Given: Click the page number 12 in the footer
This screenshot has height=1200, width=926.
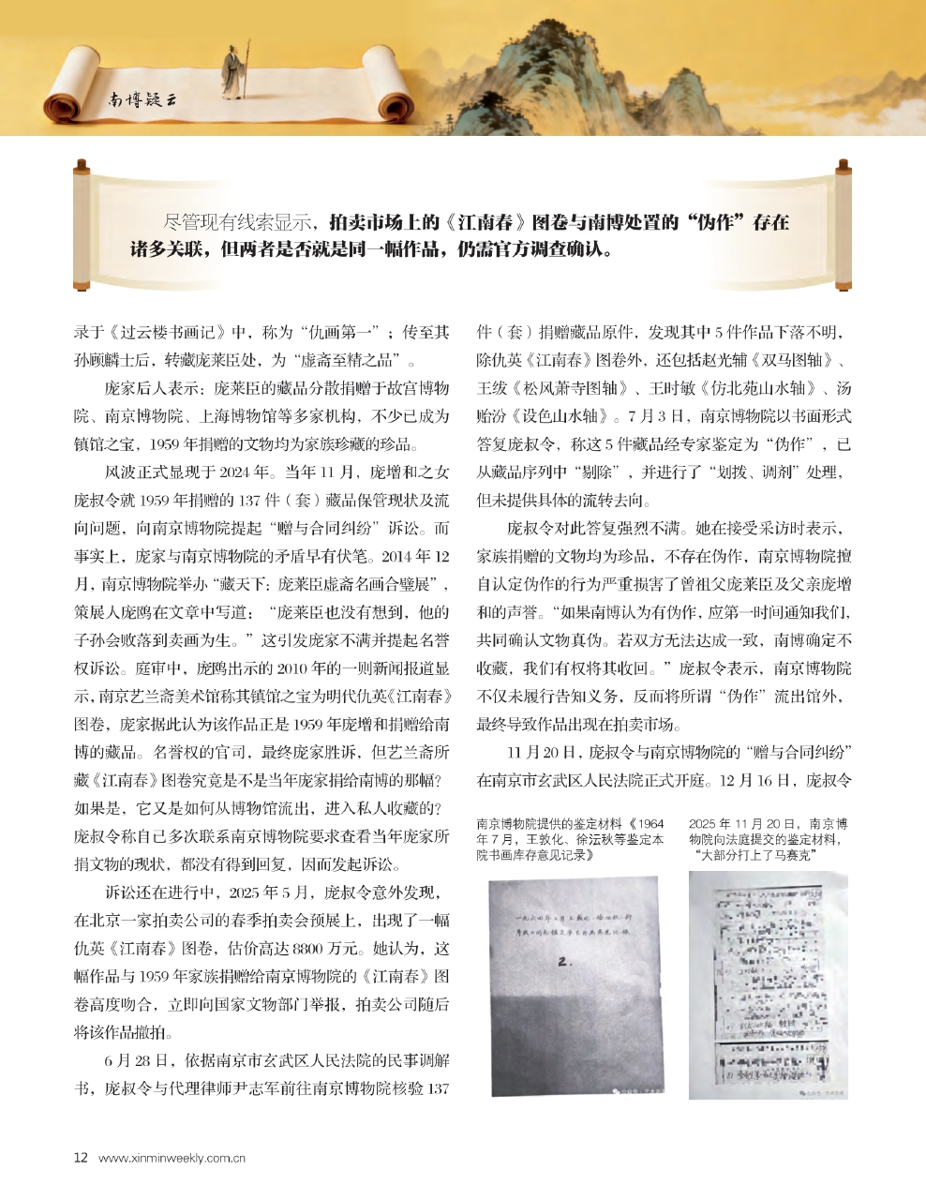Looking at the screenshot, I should pyautogui.click(x=81, y=1157).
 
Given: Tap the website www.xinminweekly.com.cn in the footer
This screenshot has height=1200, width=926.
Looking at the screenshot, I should pyautogui.click(x=172, y=1157).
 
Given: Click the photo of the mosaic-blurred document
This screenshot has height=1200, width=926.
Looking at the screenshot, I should pyautogui.click(x=768, y=984).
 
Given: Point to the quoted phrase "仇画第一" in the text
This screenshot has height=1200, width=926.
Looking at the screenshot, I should pyautogui.click(x=330, y=332).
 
